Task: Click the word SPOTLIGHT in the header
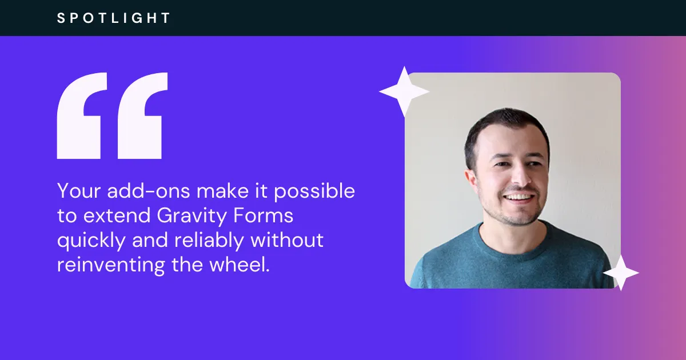(113, 18)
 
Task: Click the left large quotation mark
(82, 115)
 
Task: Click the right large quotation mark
(142, 115)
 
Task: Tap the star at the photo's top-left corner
(404, 91)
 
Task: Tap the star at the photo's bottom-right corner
(621, 273)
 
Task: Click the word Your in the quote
(79, 191)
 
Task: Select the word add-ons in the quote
(148, 190)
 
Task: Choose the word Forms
(264, 215)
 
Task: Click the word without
(287, 239)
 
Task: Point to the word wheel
(240, 264)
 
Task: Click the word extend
(117, 215)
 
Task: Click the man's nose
(521, 177)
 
